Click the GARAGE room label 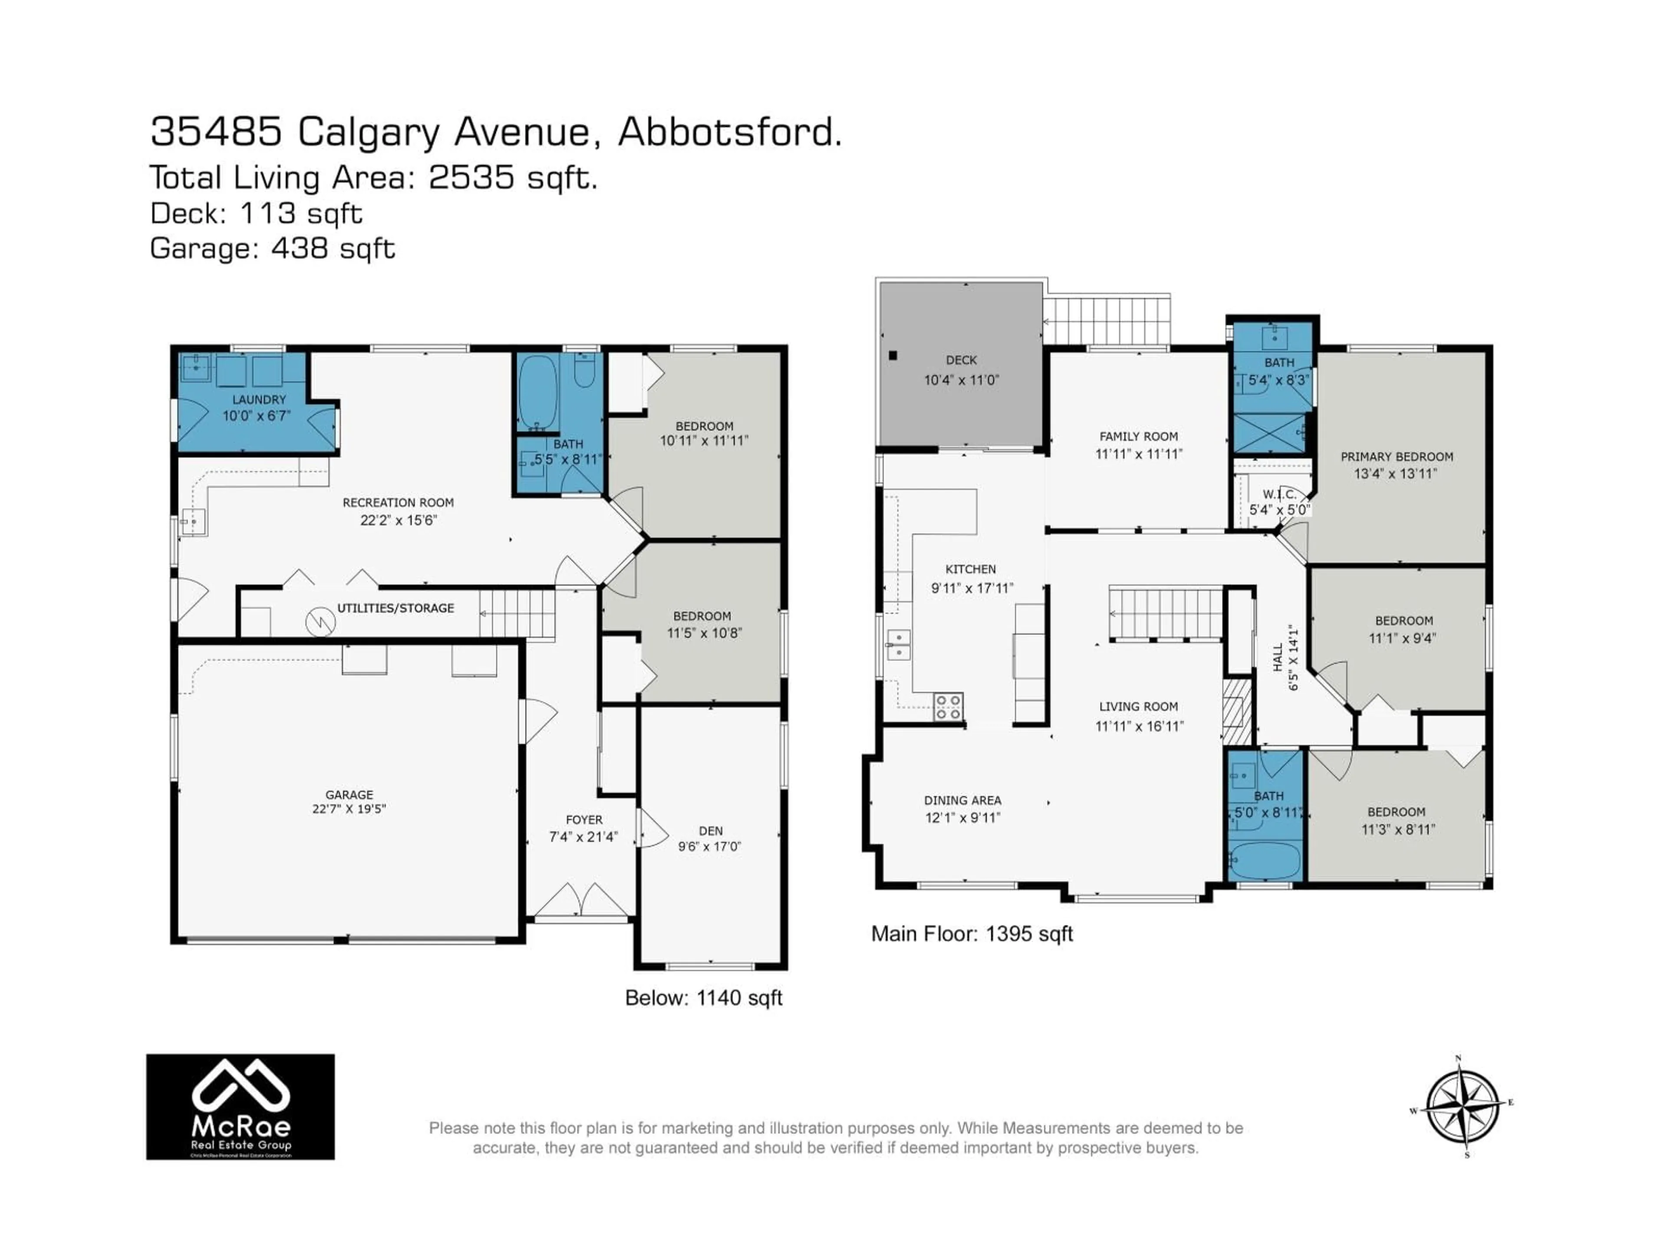pos(349,794)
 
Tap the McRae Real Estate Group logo pos(240,1106)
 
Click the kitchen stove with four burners pos(948,707)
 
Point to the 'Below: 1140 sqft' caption pos(703,997)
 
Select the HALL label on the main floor pos(1277,657)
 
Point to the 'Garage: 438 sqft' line pos(272,248)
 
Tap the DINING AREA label pos(962,800)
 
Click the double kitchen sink pos(898,645)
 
